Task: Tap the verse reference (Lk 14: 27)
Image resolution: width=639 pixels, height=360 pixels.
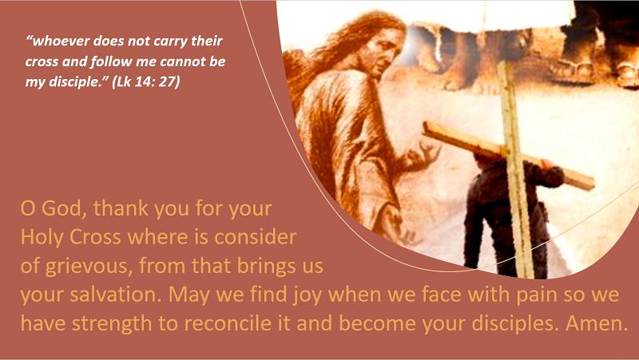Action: click(145, 82)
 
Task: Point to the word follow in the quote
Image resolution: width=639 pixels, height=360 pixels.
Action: click(109, 61)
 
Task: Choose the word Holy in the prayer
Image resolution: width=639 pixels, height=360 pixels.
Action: click(43, 237)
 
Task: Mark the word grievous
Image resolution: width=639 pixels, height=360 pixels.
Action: click(89, 266)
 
